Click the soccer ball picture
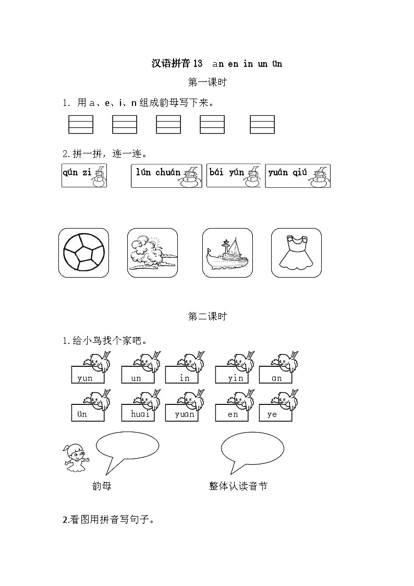83,253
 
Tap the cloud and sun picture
152,253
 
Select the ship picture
227,253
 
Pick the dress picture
296,253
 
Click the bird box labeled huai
138,413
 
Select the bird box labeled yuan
182,413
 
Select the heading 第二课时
207,317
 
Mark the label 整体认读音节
238,486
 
